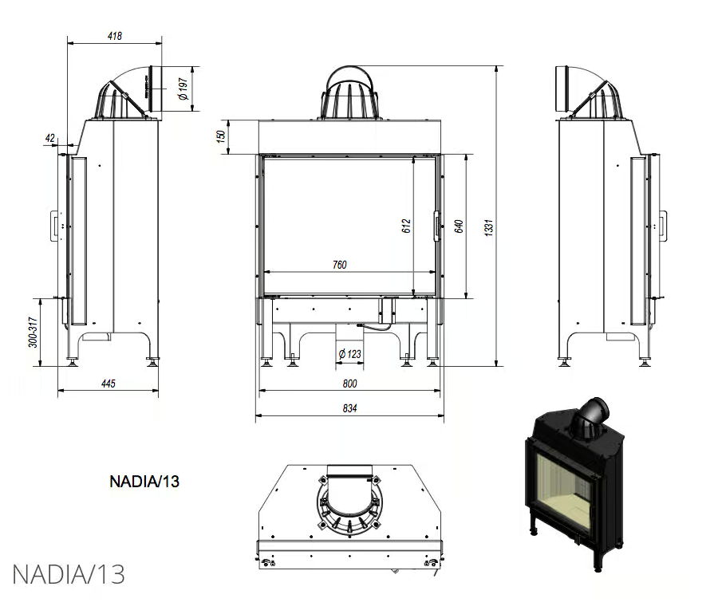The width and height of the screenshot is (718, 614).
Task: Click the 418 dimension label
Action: pos(114,36)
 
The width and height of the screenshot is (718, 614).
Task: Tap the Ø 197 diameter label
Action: pos(183,89)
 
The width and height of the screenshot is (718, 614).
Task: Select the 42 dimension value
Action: pos(50,138)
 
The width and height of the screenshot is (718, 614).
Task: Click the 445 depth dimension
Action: pos(108,384)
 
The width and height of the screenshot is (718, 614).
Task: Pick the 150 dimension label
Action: pos(220,136)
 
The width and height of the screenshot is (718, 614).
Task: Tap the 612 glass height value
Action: pos(406,226)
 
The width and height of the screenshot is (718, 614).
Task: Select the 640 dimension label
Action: pos(458,226)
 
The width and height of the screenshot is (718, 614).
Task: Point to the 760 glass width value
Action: pos(339,265)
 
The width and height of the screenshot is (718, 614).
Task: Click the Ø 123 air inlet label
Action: pos(348,353)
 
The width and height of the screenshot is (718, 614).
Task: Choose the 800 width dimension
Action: pos(349,384)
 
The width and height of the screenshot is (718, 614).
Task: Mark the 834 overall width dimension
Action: pos(349,407)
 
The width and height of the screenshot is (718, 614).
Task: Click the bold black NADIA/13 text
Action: pos(144,481)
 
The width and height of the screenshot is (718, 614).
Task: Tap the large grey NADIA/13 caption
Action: pos(69,574)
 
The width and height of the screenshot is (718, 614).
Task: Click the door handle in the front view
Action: pos(436,225)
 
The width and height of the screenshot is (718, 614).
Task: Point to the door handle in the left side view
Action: pos(53,225)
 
